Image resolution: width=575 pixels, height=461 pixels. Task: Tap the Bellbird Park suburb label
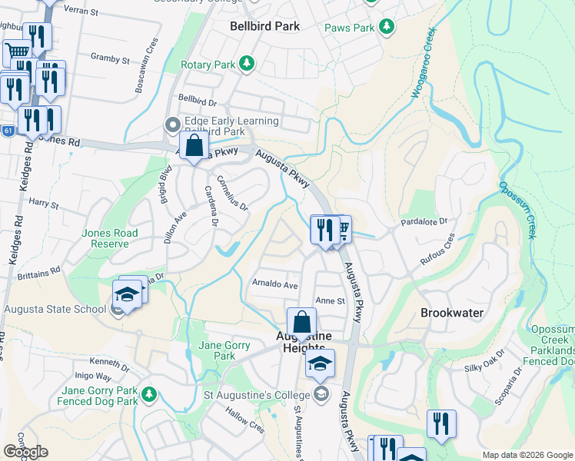point(265,26)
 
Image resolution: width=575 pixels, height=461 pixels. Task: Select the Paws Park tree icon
point(387,28)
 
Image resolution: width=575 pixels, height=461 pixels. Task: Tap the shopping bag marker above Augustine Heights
point(301,322)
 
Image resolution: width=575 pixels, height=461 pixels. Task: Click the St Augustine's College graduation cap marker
point(320,363)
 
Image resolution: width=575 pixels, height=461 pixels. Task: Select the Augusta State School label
point(55,309)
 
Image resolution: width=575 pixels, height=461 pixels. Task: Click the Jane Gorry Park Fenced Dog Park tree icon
point(150,395)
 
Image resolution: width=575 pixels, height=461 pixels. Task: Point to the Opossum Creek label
point(517,208)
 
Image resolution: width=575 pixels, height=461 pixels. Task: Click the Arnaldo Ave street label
point(274,284)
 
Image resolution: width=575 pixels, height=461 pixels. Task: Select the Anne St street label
point(331,301)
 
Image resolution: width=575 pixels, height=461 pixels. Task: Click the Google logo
point(25,452)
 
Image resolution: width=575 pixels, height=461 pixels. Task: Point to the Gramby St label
point(110,58)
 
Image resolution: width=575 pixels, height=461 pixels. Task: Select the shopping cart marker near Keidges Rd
point(17,52)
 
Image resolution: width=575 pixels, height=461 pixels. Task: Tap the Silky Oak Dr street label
point(483,368)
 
